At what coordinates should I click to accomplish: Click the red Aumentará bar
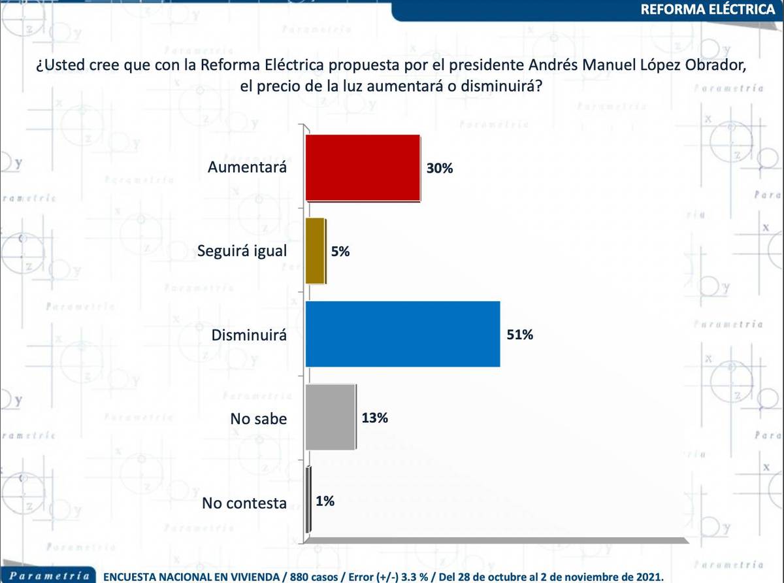363,167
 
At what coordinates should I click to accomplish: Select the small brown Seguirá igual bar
316,251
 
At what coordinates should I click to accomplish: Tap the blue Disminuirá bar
402,334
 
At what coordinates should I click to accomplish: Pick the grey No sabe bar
331,418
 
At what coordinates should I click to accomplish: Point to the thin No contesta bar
308,501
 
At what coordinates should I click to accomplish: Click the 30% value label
440,168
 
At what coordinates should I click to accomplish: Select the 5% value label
340,252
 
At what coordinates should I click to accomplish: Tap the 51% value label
520,335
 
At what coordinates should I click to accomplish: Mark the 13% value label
374,418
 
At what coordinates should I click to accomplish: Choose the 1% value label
325,502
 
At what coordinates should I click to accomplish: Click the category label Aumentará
248,167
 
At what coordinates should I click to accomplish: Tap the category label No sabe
258,419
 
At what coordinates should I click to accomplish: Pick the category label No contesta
244,503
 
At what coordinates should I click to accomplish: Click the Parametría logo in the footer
45,576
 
